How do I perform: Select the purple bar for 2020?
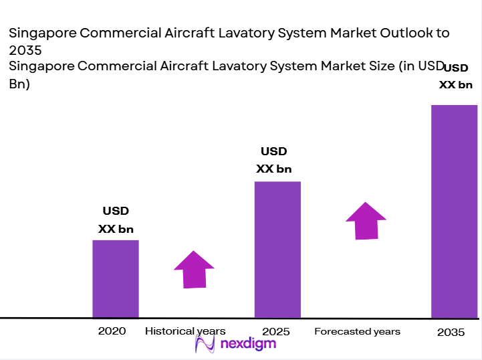click(x=116, y=278)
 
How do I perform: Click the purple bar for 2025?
click(x=277, y=250)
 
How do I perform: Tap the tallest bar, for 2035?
click(x=454, y=211)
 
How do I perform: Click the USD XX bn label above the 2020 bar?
click(x=116, y=220)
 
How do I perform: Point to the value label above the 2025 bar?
click(x=273, y=161)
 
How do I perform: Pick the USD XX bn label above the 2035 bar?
click(x=455, y=76)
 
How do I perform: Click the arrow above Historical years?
click(x=194, y=270)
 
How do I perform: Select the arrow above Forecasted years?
click(x=366, y=220)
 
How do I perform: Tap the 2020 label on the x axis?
click(x=112, y=331)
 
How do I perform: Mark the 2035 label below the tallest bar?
click(x=451, y=333)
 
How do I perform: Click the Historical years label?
click(x=185, y=331)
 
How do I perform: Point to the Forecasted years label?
click(x=357, y=331)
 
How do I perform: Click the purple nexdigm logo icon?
click(x=204, y=345)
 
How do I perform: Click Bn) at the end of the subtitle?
click(x=19, y=84)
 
